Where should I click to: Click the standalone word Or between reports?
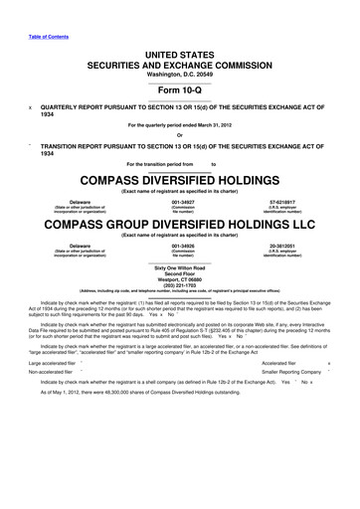click(179, 135)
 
